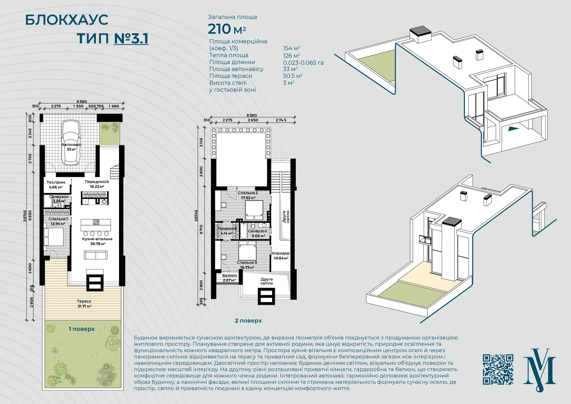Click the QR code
(x=498, y=369)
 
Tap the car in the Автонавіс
(x=71, y=142)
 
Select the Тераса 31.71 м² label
(x=84, y=304)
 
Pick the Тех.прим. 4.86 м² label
(x=56, y=185)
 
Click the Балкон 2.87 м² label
(x=230, y=278)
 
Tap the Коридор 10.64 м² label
(x=281, y=256)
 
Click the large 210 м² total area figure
(x=227, y=29)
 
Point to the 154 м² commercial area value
(x=291, y=48)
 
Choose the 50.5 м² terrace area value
(x=293, y=76)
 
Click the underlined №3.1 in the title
(x=131, y=39)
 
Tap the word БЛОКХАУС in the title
(x=67, y=20)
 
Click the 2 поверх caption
(x=248, y=321)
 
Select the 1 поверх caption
(x=81, y=329)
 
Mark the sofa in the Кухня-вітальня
(x=96, y=255)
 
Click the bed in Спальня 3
(x=248, y=251)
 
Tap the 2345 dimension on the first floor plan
(x=30, y=133)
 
